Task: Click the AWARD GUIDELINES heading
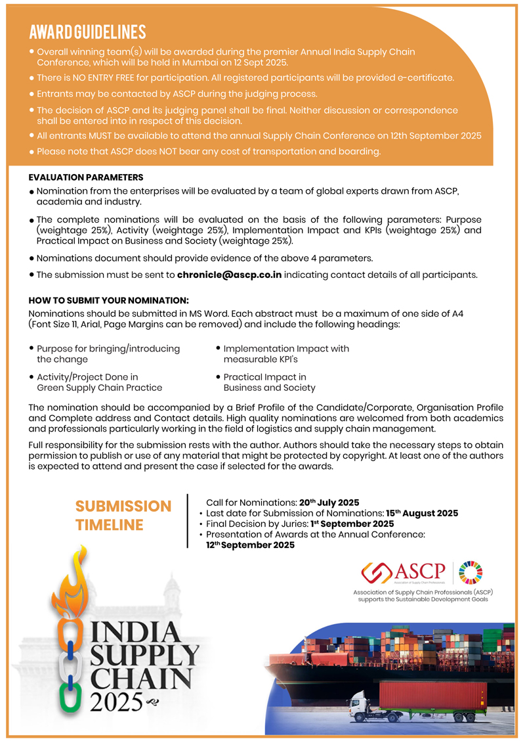88,32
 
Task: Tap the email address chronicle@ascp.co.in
229,275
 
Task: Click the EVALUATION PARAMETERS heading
86,177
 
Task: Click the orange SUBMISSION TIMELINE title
123,516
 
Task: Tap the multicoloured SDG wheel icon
469,572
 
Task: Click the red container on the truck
433,696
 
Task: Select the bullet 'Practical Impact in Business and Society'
269,382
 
